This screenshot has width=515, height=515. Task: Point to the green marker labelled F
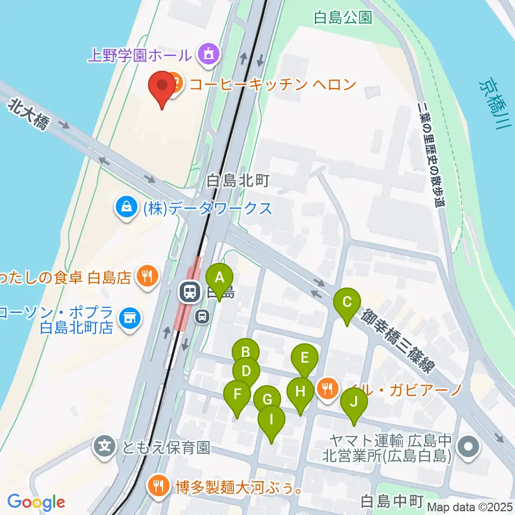(x=237, y=398)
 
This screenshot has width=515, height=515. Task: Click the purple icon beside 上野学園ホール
(x=207, y=54)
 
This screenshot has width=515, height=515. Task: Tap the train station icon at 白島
(x=189, y=292)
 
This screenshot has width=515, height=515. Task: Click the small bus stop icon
(x=202, y=317)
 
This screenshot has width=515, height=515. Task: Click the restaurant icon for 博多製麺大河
(x=158, y=487)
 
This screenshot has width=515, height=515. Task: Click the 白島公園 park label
(x=343, y=18)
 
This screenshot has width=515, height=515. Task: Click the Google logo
(x=36, y=503)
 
